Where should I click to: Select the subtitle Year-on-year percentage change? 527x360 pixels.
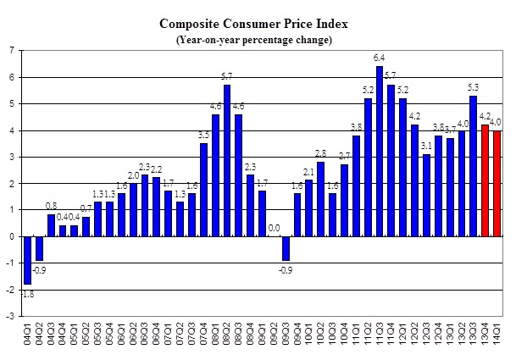click(x=253, y=40)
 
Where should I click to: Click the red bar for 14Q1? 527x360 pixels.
click(x=496, y=184)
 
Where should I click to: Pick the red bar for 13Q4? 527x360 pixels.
click(x=485, y=180)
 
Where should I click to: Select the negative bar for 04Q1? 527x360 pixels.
click(x=27, y=260)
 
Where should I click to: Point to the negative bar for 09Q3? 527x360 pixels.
click(x=286, y=248)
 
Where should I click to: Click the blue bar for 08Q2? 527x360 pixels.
click(x=227, y=160)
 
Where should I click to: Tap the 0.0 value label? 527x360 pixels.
click(x=274, y=228)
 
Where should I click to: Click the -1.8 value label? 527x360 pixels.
click(x=27, y=294)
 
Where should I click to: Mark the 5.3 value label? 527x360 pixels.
click(x=474, y=87)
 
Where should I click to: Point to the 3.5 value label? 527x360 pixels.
click(x=204, y=135)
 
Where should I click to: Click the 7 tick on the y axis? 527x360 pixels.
click(x=10, y=51)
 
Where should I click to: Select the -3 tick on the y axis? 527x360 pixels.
click(x=8, y=317)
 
